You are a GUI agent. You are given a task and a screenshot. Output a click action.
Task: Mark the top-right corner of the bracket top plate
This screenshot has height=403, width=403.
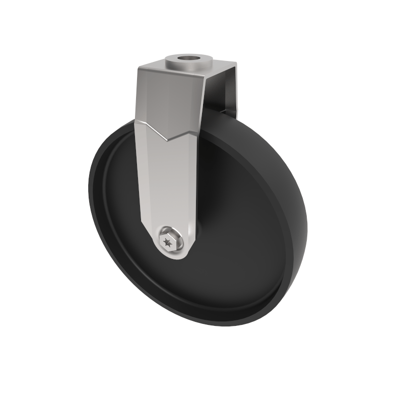click(x=236, y=63)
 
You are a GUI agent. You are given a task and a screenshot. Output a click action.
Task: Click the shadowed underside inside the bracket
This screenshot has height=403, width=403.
click(x=214, y=93)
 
